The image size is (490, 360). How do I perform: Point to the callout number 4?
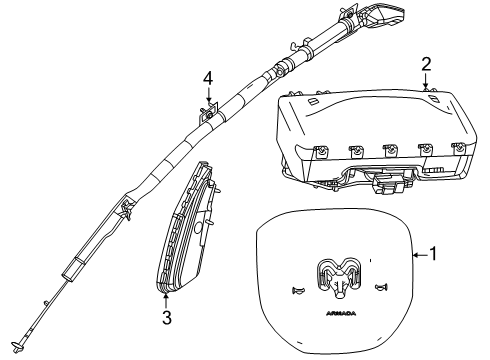[209, 77]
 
